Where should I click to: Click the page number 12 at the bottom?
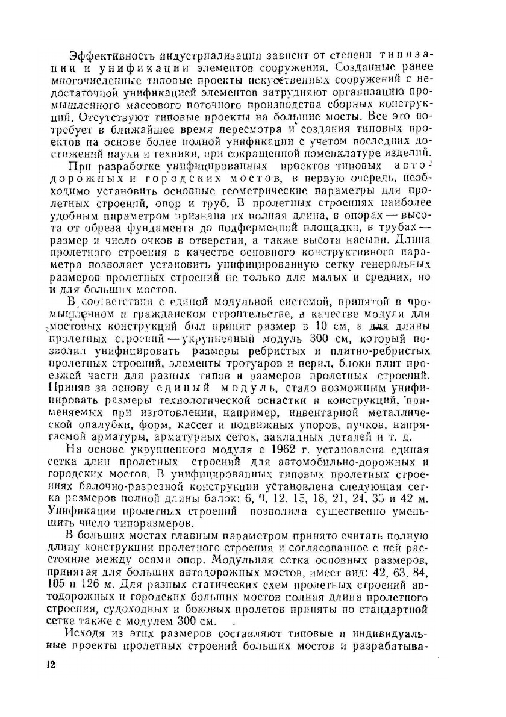[x=50, y=664]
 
